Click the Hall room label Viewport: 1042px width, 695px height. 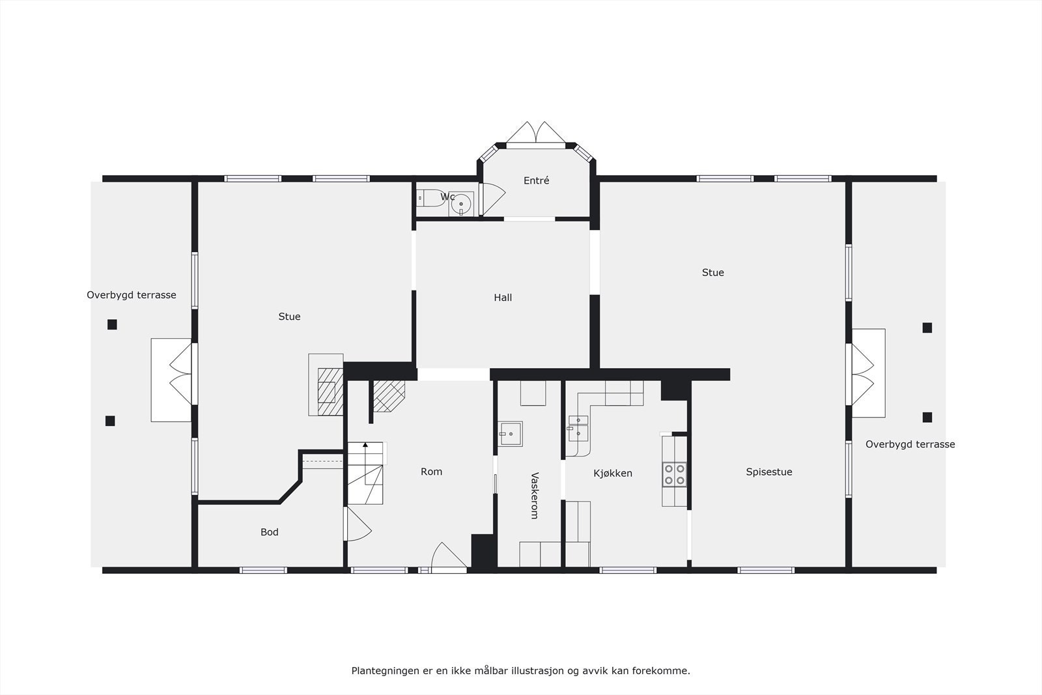[x=503, y=298]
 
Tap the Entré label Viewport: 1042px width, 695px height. [x=536, y=181]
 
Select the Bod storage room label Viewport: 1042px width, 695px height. [x=269, y=532]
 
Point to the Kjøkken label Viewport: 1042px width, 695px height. [x=613, y=474]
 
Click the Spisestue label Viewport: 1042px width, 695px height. [x=769, y=472]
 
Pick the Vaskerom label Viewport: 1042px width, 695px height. [x=534, y=496]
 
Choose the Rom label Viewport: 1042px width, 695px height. [x=431, y=472]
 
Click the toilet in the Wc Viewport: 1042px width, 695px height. [x=428, y=197]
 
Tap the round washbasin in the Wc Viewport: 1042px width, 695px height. [x=461, y=204]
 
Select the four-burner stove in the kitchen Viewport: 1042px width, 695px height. [x=675, y=474]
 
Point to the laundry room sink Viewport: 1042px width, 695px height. [x=511, y=433]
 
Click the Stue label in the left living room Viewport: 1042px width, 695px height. [x=289, y=317]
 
